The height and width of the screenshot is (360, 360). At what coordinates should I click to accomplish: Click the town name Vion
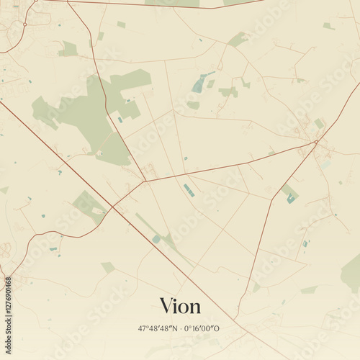(x=180, y=305)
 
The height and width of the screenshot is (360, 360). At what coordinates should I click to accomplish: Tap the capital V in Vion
(x=166, y=305)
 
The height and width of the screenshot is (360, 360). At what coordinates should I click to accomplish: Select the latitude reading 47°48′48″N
(x=160, y=328)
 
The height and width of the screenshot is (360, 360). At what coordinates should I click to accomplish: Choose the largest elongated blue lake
(x=201, y=84)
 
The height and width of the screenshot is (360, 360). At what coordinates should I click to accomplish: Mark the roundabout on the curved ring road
(x=24, y=24)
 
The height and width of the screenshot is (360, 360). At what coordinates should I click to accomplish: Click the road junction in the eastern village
(x=316, y=142)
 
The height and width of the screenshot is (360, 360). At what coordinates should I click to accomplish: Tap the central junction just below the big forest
(x=145, y=181)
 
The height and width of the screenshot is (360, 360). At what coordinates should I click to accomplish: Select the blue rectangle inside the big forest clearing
(x=120, y=120)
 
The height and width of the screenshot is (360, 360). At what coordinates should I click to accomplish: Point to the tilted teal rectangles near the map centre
(x=189, y=190)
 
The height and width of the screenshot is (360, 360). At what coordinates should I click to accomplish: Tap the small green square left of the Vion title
(x=108, y=267)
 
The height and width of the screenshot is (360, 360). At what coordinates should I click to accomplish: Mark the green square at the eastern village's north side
(x=319, y=124)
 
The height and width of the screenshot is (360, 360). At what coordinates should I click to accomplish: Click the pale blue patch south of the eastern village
(x=325, y=164)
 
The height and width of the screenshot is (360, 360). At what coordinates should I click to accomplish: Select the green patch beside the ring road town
(x=69, y=49)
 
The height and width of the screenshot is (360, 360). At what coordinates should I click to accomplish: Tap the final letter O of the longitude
(x=217, y=328)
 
